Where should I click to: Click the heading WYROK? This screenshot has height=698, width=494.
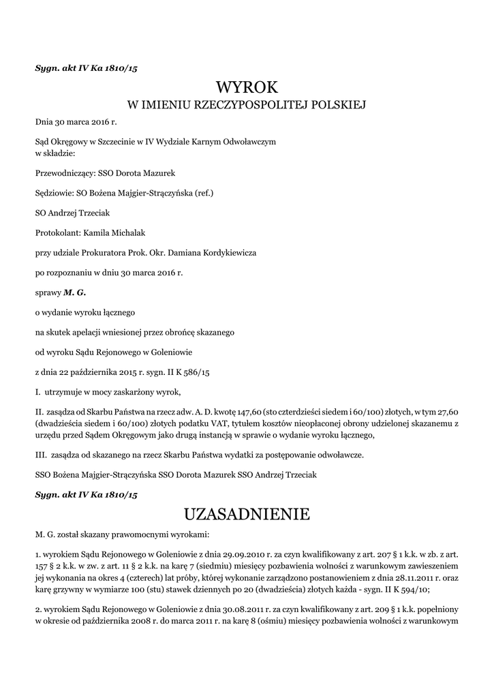(x=247, y=87)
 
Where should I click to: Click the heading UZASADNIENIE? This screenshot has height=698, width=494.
(x=247, y=512)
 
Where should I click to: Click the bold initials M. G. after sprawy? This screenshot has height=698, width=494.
(x=75, y=292)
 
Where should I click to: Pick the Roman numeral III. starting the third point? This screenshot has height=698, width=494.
(x=41, y=454)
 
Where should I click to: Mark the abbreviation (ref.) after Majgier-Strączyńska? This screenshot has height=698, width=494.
(x=204, y=193)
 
